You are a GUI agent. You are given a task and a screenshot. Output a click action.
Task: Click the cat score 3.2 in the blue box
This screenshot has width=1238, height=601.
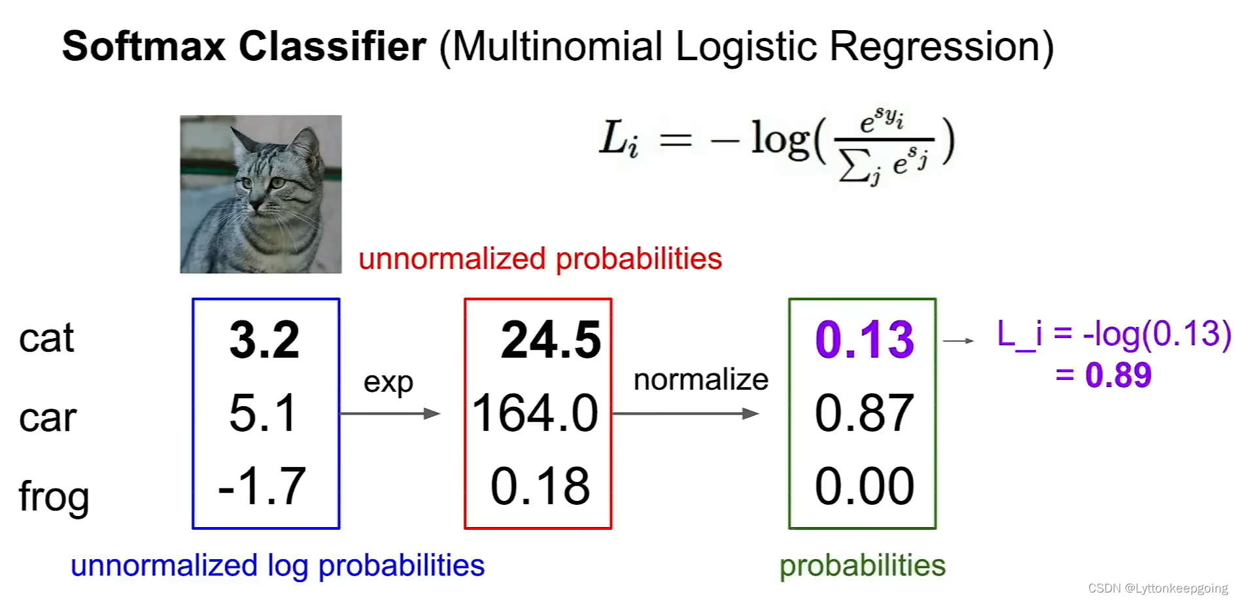tap(265, 340)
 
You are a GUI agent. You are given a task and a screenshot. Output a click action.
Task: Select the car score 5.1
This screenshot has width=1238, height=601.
tap(263, 413)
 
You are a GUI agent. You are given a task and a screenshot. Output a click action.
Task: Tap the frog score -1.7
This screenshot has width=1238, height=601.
tap(262, 487)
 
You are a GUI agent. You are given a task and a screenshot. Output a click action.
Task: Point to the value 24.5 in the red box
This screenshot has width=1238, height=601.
tap(551, 340)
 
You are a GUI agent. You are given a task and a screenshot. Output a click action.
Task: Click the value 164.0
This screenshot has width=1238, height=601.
tap(536, 413)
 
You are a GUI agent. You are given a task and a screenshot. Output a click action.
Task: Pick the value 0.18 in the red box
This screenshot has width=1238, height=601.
tap(540, 487)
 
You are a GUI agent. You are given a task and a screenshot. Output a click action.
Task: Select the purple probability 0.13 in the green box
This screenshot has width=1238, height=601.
tap(865, 340)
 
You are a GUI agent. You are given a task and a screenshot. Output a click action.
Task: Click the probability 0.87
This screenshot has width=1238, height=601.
tap(865, 413)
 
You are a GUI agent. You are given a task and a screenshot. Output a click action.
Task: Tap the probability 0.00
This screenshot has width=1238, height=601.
tap(865, 487)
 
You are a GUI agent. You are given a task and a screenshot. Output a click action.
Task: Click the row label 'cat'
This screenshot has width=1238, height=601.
tap(46, 339)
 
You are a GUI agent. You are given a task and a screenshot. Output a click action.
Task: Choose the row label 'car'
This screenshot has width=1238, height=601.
tap(48, 419)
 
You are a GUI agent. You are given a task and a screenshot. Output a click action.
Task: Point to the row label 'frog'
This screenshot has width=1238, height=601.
tap(54, 497)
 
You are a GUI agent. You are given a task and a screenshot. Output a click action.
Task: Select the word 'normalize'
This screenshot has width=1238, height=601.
tap(701, 379)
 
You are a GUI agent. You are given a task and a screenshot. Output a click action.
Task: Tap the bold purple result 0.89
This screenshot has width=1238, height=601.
tap(1118, 375)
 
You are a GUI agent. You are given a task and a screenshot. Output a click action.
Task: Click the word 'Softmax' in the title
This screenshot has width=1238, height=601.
tap(144, 47)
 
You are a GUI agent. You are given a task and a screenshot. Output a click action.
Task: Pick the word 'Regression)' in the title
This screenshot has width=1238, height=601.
tap(942, 47)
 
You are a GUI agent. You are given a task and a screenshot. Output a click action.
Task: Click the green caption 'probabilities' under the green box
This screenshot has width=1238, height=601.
tap(863, 566)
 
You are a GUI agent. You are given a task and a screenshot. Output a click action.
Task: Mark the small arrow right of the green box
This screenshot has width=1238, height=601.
tap(959, 341)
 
